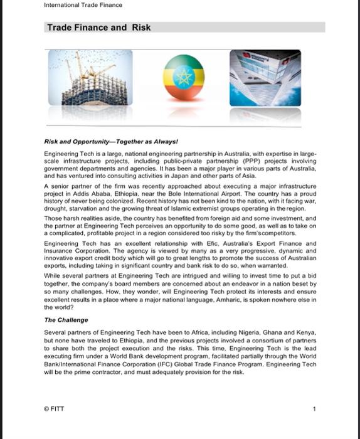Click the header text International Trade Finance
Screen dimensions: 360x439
tap(83, 6)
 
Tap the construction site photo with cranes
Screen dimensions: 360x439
tap(90, 78)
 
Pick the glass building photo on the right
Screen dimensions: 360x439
tap(265, 78)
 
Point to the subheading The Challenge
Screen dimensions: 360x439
tap(66, 320)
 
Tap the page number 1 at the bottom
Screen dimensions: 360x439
tap(314, 409)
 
